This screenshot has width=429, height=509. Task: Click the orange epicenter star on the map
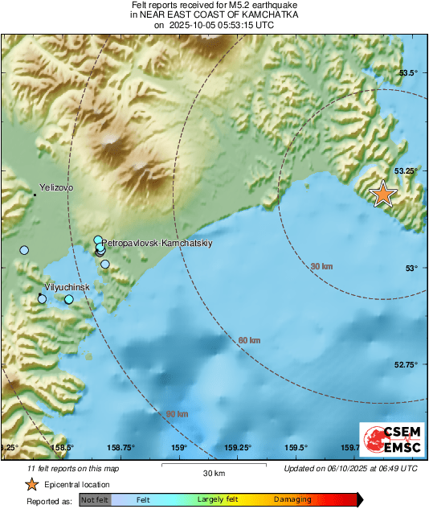coord(383,194)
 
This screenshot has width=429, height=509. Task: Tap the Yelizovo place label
coord(56,187)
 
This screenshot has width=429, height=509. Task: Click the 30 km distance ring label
coord(321,266)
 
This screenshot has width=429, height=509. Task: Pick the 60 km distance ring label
coord(250,341)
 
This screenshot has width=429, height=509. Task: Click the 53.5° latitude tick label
coord(409,73)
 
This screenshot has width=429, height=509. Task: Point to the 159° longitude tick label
coord(178,448)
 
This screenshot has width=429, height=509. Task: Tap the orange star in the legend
coord(31,484)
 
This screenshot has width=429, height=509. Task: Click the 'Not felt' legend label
coord(95,500)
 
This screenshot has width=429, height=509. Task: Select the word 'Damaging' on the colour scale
coord(292,500)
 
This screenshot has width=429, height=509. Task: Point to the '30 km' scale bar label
coord(214,472)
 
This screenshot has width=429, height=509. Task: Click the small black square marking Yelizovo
coord(35,195)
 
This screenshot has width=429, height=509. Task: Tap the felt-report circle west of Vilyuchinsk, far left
coord(24,250)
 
